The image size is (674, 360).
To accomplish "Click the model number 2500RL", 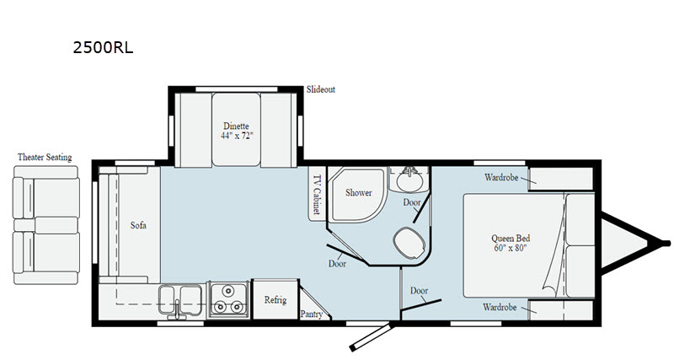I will click(104, 48).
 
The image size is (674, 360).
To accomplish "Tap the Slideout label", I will click(320, 89).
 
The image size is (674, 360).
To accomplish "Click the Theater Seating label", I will click(45, 158).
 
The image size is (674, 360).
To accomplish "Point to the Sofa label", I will click(138, 225).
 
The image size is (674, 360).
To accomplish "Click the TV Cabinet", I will click(317, 196).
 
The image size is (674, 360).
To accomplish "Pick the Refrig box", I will click(275, 300).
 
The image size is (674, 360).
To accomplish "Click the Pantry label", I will click(312, 314).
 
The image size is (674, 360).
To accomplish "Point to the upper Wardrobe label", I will click(501, 178).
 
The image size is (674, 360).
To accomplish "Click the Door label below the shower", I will click(337, 264).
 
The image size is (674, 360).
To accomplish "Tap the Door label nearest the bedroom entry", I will click(419, 290).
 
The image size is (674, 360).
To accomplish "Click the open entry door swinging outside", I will click(371, 335).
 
